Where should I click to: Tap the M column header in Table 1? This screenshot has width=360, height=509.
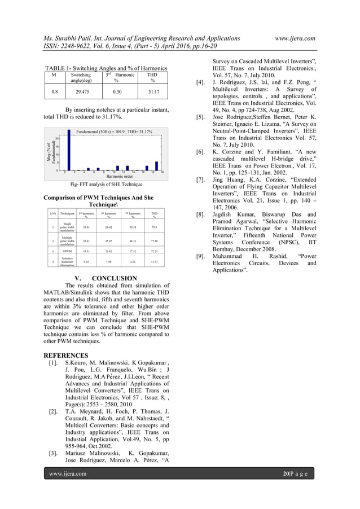[x=54, y=74]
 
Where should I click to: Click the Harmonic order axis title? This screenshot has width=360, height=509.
[x=112, y=175]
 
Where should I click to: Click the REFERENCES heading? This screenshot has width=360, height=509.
[x=67, y=356]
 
